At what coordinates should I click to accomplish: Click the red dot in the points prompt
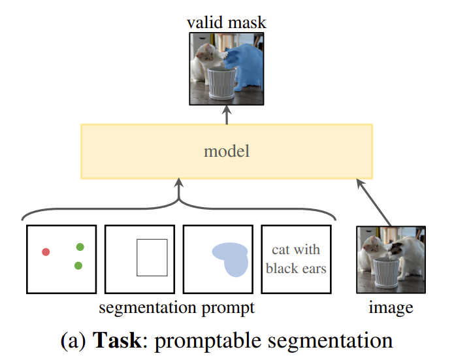tap(46, 252)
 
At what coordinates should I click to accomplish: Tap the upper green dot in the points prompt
tap(80, 247)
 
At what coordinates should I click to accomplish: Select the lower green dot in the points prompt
tap(78, 265)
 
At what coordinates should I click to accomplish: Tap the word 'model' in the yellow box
tap(227, 152)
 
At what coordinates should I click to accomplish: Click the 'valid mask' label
tap(227, 23)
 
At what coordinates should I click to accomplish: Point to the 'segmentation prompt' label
tap(176, 307)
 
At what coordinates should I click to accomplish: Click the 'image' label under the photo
tap(391, 307)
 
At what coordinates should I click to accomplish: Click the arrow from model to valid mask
tap(227, 114)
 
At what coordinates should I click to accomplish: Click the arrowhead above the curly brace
tap(178, 184)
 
